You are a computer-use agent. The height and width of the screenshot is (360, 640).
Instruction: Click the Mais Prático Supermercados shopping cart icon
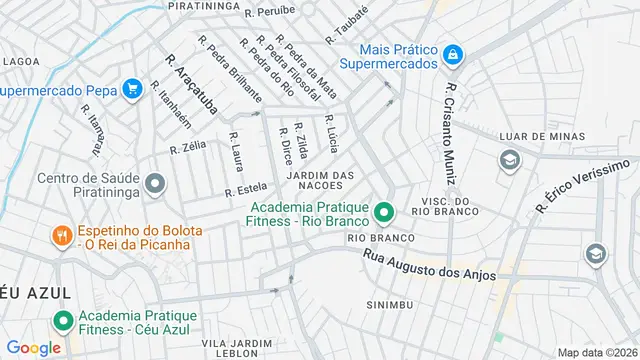pos(453,54)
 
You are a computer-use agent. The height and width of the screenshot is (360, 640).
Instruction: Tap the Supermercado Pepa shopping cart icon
pos(131,89)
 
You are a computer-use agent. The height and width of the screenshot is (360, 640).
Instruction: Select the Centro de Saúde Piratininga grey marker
pos(154,184)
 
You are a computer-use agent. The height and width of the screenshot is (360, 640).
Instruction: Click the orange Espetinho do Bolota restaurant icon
pos(62,236)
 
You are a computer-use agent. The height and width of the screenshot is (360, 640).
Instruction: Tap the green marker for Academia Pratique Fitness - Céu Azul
pos(62,322)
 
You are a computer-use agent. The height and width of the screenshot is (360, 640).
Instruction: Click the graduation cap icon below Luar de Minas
pos(510,160)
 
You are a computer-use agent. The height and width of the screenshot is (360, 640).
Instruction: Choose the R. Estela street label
pos(246,189)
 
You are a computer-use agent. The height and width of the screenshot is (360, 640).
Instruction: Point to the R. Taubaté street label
pos(346,25)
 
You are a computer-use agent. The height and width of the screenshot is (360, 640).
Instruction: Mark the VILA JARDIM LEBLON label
pos(236,348)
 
